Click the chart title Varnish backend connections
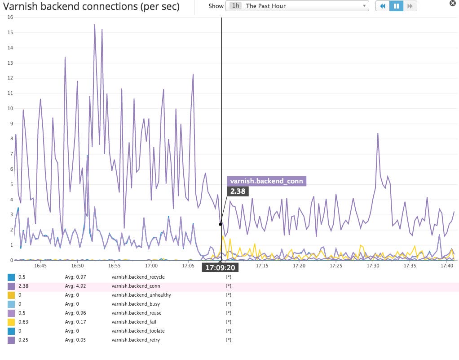point(91,7)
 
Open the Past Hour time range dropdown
point(297,6)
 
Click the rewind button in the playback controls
point(382,6)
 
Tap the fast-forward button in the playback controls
point(410,6)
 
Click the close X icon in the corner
point(453,3)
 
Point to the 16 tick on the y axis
point(10,17)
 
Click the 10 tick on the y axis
point(10,108)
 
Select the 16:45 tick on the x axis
point(40,266)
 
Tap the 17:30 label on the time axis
point(373,266)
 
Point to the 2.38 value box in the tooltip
point(238,191)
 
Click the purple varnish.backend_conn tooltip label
point(267,181)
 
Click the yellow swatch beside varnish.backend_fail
point(11,322)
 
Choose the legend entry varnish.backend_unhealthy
point(141,295)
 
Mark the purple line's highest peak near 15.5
point(95,25)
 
